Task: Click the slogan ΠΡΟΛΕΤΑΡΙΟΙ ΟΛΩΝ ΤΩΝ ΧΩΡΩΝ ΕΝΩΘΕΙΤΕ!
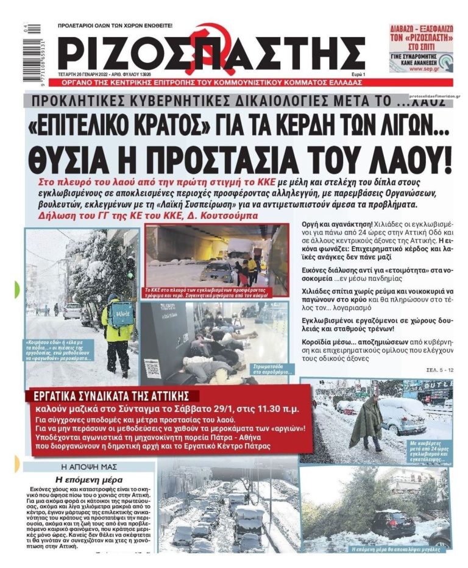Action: coord(115,26)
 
